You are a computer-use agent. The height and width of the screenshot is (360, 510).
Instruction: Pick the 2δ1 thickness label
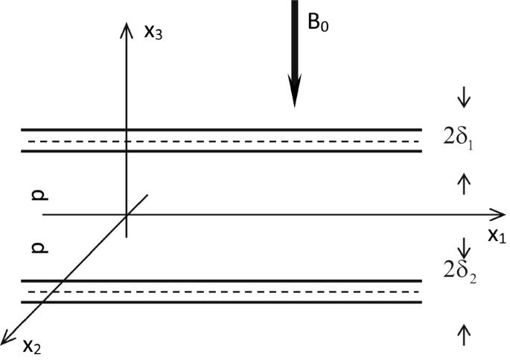point(457,138)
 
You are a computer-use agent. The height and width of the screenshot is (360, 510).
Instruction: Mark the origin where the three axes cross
point(127,214)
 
